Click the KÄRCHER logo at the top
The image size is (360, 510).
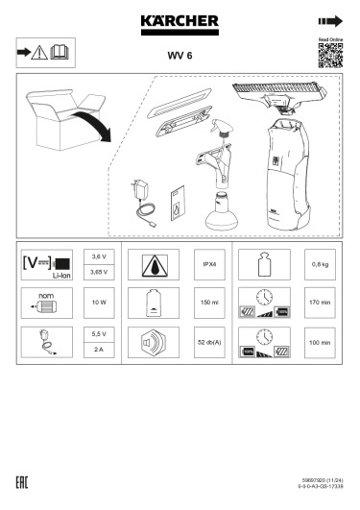(180, 20)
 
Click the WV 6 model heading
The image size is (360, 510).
(180, 56)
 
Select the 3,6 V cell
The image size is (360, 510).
(97, 257)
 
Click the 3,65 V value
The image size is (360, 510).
(97, 273)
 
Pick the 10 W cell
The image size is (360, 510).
(97, 303)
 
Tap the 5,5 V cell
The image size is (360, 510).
(97, 333)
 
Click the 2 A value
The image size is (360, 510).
(97, 350)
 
